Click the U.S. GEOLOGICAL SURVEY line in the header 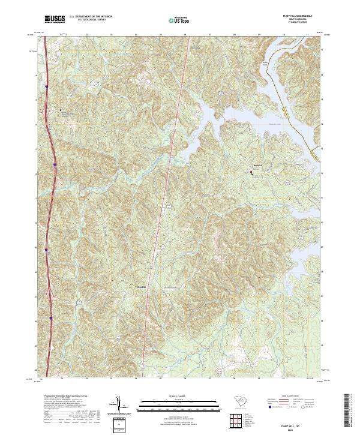[x=85, y=20]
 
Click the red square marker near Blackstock [x=251, y=172]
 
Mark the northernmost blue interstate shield [x=47, y=87]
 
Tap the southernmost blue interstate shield [x=51, y=318]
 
